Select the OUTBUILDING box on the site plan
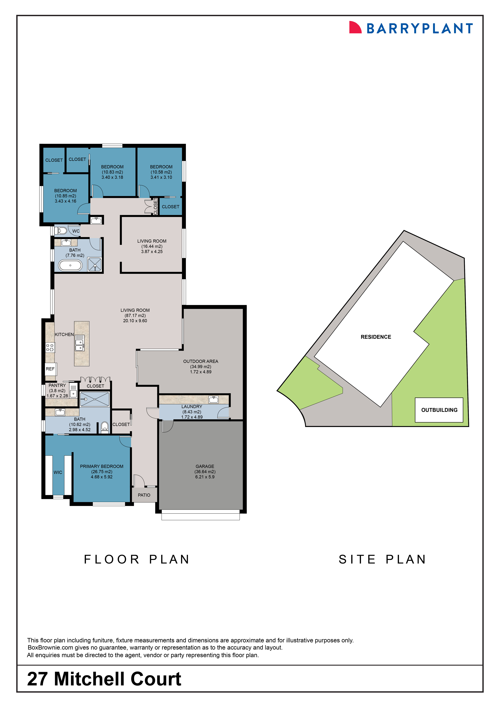[439, 410]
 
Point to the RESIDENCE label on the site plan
[376, 337]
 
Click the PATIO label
[144, 495]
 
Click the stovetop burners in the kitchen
[50, 347]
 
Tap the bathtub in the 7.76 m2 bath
[70, 265]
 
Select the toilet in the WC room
[61, 231]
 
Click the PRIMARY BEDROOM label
[102, 466]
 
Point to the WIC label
[58, 472]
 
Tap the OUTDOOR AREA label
[201, 361]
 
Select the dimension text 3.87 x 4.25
[152, 252]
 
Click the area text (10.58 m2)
[161, 172]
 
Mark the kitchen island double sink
[79, 345]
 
